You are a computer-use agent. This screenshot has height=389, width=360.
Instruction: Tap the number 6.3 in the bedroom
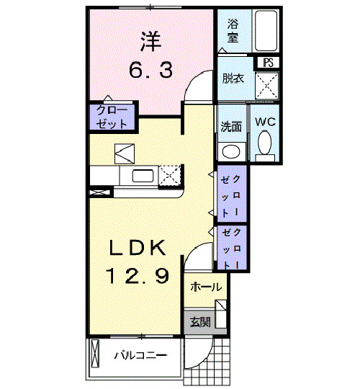150,71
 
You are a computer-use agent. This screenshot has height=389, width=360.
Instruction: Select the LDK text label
138,249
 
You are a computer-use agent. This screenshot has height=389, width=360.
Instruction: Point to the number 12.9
138,274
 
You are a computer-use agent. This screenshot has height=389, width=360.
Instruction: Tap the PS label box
268,63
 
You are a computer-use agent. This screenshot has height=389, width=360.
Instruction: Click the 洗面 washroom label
231,127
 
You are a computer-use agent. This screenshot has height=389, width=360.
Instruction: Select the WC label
264,121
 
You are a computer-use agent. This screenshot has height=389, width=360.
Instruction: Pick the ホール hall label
205,287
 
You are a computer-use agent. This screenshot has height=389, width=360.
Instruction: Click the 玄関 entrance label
200,321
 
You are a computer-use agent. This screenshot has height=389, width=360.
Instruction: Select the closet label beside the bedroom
112,117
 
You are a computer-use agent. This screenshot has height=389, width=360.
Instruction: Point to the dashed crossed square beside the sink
170,175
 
